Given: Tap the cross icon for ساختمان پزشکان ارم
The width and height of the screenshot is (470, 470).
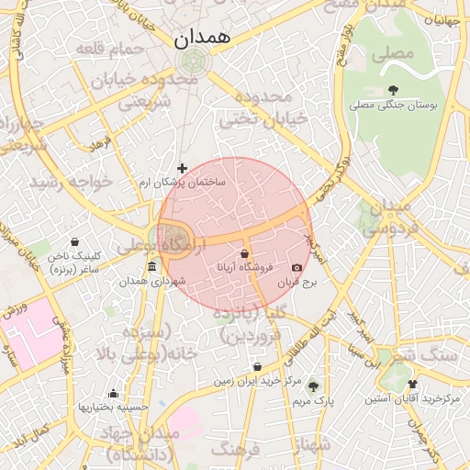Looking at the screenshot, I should coord(182,168).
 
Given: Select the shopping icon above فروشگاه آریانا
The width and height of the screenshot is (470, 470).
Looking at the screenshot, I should coord(245,252).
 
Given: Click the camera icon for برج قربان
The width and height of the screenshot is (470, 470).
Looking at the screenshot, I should coord(297,268).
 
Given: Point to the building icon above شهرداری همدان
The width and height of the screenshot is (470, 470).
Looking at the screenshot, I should coord(151,267).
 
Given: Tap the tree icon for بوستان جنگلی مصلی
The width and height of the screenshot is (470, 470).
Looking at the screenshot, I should coord(394,90).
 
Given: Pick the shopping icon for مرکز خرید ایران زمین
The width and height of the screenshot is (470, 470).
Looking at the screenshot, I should coord(257,367).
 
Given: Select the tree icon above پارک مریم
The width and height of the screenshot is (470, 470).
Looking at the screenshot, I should coord(314,386).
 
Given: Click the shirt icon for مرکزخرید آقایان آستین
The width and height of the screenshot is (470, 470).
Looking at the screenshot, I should coord(412,385).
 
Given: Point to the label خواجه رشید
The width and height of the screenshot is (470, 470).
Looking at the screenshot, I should coord(70,182).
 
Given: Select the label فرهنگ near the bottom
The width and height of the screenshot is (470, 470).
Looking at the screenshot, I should coord(242,450).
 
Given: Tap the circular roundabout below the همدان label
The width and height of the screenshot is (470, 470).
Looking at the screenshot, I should coord(194,62).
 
